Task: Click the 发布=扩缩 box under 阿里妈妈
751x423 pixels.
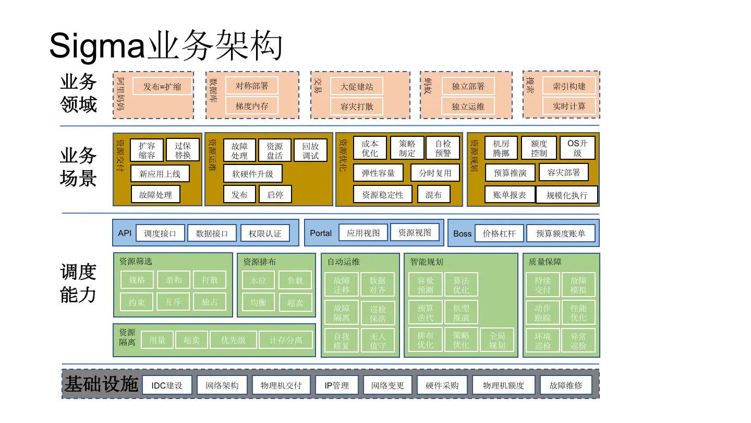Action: point(162,86)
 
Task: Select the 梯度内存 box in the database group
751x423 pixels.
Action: point(252,106)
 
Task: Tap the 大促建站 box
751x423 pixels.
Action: point(357,86)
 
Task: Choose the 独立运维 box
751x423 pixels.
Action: point(468,106)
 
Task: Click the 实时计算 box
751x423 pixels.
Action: point(569,106)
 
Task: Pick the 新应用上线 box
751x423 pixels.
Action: point(160,174)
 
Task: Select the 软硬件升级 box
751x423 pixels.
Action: point(252,174)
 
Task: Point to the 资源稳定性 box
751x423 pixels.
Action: point(382,195)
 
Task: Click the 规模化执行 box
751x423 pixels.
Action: point(567,195)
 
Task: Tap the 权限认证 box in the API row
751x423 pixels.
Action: point(265,233)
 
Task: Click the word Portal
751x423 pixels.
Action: point(321,233)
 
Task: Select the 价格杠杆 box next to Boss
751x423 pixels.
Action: point(499,233)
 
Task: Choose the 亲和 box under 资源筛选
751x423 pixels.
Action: point(174,280)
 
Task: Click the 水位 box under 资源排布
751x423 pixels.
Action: point(258,280)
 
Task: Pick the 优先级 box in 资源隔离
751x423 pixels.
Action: point(233,340)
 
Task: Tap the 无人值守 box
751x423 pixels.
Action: point(378,340)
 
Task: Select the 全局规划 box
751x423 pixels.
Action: point(497,340)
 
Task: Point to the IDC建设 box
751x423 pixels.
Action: point(167,385)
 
